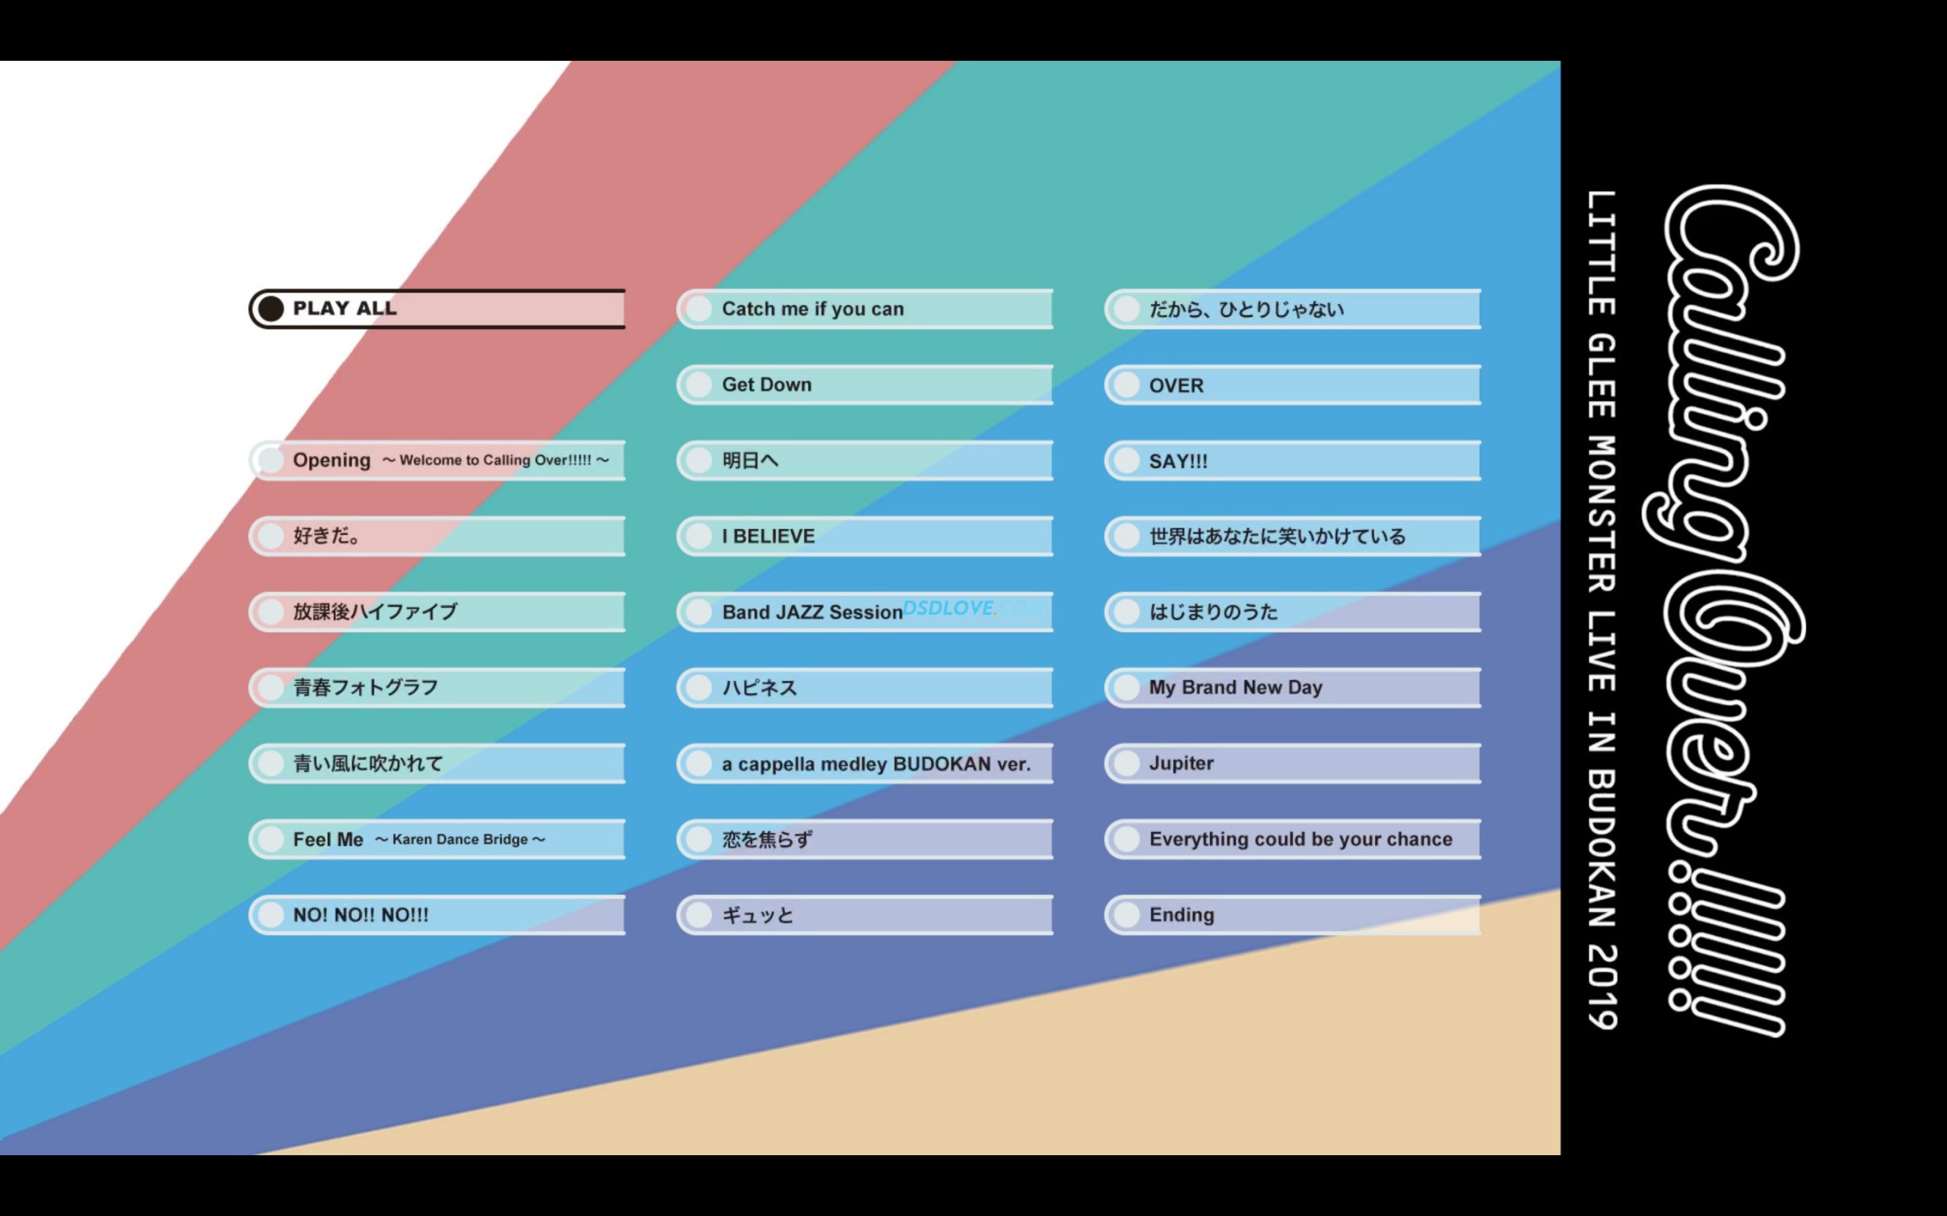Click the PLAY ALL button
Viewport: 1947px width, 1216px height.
[x=437, y=309]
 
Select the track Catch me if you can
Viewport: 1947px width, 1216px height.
[x=865, y=309]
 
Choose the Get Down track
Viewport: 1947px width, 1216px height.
[x=865, y=385]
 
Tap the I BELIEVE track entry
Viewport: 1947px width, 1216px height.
[x=865, y=537]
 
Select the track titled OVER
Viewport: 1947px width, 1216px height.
[x=1292, y=385]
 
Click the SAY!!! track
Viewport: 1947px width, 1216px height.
[x=1292, y=461]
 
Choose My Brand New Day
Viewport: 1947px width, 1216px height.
[x=1292, y=688]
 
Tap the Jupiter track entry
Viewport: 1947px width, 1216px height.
[x=1292, y=763]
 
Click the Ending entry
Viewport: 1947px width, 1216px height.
[x=1292, y=914]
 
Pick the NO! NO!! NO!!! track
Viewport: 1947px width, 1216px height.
[x=437, y=914]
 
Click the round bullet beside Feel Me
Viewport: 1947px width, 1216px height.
[x=271, y=839]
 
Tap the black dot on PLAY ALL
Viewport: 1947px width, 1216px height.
[x=271, y=309]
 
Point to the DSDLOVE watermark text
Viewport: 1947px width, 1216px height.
[x=949, y=608]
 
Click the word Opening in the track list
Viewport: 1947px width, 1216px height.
[x=332, y=460]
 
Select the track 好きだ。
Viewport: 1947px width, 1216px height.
[x=437, y=537]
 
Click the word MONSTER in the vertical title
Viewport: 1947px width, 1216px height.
[x=1602, y=514]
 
